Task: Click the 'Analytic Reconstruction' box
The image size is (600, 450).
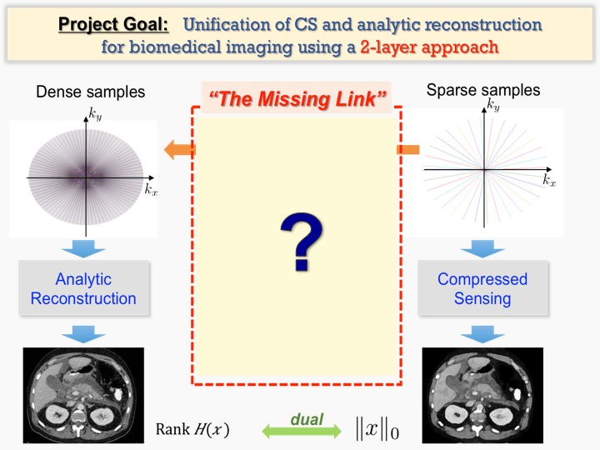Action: (83, 288)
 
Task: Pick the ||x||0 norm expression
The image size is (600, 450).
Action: (376, 430)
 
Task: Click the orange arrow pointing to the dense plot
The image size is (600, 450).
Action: (179, 150)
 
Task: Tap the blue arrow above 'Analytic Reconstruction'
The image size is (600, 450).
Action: (83, 248)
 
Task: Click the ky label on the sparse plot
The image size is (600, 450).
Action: (494, 107)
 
